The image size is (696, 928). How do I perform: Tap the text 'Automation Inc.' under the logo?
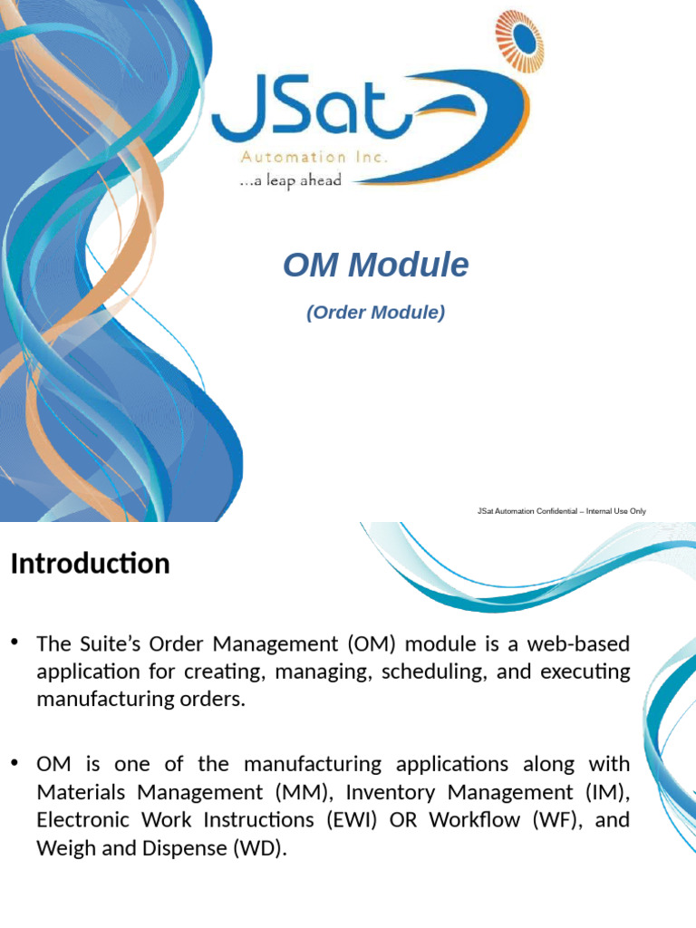tap(314, 157)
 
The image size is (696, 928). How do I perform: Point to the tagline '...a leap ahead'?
tap(290, 180)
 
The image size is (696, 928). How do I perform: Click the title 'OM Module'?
tap(375, 266)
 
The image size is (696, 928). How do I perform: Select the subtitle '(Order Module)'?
tap(375, 313)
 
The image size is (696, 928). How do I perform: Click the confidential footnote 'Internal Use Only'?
tap(615, 511)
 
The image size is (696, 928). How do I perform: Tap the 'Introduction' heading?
tap(90, 564)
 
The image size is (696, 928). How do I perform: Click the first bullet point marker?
tap(14, 643)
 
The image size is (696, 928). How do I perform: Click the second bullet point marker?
tap(14, 764)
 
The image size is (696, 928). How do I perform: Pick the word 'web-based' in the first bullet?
tap(585, 644)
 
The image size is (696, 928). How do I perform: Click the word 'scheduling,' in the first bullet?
tap(431, 672)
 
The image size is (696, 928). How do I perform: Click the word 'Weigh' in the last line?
tap(65, 848)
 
